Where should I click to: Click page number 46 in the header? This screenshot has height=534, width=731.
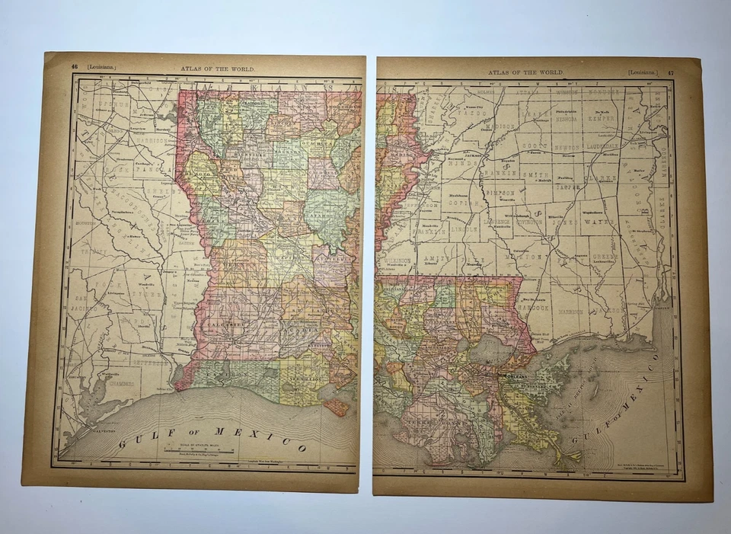click(x=75, y=66)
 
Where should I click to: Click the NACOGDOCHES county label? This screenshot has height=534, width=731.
click(x=114, y=221)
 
